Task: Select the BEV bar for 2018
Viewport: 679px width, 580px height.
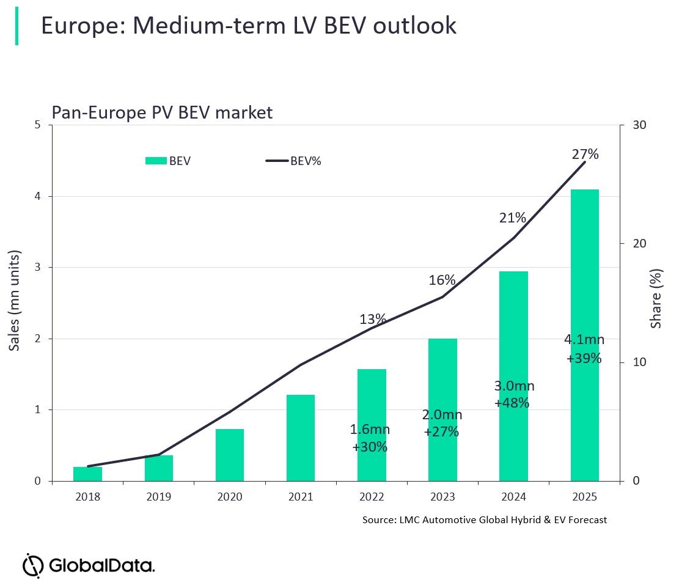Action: tap(87, 474)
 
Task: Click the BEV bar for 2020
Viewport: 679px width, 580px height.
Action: tap(229, 455)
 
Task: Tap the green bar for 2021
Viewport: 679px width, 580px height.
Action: tap(300, 438)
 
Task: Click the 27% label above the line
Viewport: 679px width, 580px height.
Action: tap(585, 154)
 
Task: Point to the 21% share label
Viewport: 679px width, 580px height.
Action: tap(512, 218)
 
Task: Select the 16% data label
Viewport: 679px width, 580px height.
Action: tap(442, 280)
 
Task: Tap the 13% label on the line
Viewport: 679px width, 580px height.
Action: tap(372, 319)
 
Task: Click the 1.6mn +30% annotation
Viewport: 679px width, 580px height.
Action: tap(370, 438)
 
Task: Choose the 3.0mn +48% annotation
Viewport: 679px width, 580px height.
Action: tap(514, 394)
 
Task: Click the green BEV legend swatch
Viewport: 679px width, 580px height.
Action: tap(156, 161)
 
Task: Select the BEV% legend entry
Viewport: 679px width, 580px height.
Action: tap(293, 161)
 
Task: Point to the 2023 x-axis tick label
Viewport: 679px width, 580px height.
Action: tap(442, 497)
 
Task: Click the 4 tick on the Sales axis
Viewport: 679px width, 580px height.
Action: tap(38, 196)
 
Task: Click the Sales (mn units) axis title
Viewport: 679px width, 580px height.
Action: tap(15, 300)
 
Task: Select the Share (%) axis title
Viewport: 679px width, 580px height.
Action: tap(656, 298)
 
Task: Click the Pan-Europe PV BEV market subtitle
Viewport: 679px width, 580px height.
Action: tap(162, 113)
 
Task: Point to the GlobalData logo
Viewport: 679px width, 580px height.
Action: tap(89, 563)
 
